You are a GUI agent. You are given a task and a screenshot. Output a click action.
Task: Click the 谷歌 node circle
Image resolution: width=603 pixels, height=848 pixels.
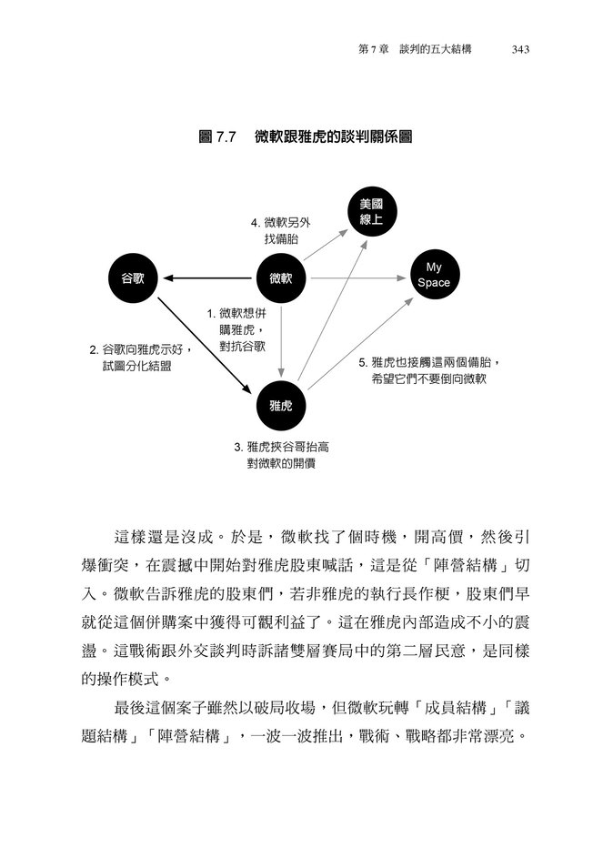click(x=133, y=278)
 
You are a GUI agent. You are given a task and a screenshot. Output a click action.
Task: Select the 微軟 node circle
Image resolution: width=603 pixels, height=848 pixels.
click(x=281, y=278)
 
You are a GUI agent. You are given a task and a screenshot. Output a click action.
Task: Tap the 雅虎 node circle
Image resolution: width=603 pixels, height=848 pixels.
click(x=281, y=406)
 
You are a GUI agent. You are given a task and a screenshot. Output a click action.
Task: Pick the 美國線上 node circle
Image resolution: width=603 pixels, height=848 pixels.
click(x=372, y=212)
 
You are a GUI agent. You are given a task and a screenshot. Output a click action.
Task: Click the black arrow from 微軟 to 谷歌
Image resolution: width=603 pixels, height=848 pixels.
click(x=207, y=278)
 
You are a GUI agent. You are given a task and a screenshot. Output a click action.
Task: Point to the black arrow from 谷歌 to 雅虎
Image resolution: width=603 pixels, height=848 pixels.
click(x=205, y=346)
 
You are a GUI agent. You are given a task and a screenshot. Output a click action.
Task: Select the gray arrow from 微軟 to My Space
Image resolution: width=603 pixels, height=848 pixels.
click(x=358, y=278)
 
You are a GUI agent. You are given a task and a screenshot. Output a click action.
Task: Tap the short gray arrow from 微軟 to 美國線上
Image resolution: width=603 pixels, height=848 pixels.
click(x=326, y=245)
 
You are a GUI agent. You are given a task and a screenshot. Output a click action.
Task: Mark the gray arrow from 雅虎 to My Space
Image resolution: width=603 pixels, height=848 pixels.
click(x=360, y=343)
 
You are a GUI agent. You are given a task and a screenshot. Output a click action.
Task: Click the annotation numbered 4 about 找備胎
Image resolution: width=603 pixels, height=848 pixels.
click(x=281, y=231)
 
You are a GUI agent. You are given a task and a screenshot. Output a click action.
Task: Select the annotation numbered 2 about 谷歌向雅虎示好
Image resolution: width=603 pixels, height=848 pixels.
click(x=140, y=358)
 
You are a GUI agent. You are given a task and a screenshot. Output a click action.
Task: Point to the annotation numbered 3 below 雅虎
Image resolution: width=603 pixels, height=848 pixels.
click(x=281, y=455)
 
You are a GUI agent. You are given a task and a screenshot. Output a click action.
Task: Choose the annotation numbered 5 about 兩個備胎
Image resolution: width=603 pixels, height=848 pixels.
click(x=429, y=370)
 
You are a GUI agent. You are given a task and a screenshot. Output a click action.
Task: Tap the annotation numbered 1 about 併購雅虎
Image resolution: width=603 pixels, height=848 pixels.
click(x=237, y=330)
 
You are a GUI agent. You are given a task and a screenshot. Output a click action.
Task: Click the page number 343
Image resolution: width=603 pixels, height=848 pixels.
click(x=520, y=50)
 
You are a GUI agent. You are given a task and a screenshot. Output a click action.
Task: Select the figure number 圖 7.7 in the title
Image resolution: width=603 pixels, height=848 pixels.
click(x=217, y=136)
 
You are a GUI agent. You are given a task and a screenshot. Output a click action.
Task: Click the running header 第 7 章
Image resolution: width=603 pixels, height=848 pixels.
click(x=374, y=50)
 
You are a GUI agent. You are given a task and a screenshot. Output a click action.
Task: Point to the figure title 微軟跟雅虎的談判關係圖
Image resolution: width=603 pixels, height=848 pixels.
click(x=334, y=136)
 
